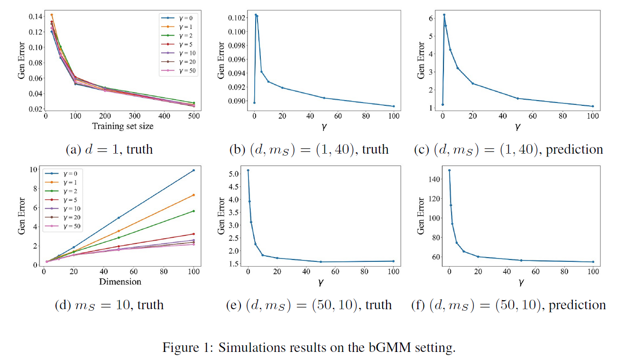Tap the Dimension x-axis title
point(120,282)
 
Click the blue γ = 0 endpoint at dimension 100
point(193,170)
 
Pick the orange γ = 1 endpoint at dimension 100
point(193,195)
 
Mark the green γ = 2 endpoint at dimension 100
point(193,211)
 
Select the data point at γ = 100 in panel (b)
point(394,106)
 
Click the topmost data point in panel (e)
point(248,170)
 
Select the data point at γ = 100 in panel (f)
point(593,262)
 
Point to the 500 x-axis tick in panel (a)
point(193,115)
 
